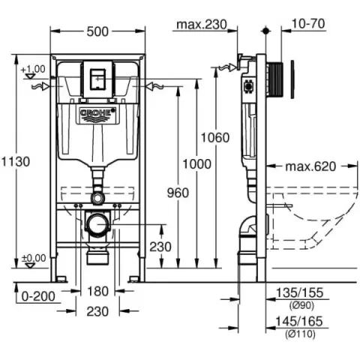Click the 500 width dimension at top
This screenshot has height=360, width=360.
pos(97,31)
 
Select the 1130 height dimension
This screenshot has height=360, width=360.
pos(16,162)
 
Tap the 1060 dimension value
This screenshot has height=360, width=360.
pos(215,138)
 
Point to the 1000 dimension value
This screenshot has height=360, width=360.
pos(197,164)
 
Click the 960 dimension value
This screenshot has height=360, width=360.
pos(178,193)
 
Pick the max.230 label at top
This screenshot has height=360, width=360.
pos(202,25)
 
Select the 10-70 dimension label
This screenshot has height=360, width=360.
pos(308,24)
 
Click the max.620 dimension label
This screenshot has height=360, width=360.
pos(310,166)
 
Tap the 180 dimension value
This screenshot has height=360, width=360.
pos(97,291)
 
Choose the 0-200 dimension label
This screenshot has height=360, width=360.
pos(38,296)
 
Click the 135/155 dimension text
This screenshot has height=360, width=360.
pos(299,292)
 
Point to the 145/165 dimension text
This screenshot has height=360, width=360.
pos(299,322)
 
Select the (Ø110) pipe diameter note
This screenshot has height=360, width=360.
pos(300,334)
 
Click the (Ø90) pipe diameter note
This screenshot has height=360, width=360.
pos(301,305)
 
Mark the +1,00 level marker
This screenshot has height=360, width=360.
pos(33,69)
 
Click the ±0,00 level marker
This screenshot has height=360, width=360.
pos(34,258)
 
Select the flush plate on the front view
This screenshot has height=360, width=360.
pos(97,79)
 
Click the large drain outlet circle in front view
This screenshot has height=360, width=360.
pos(97,224)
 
